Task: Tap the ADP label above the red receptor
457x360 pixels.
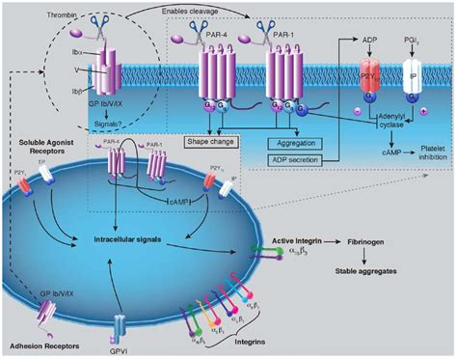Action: coord(367,42)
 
